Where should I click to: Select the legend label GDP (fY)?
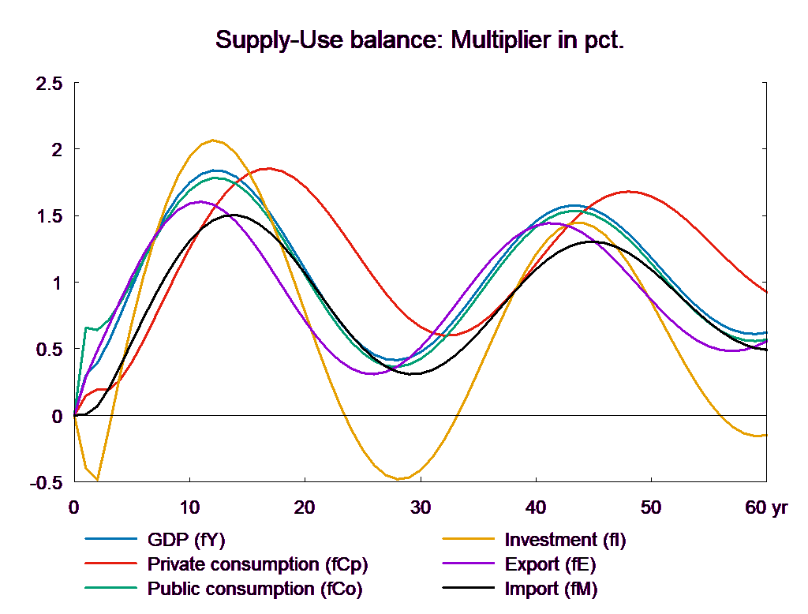186,541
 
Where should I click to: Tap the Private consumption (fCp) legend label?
257,565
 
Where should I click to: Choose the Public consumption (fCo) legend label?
255,590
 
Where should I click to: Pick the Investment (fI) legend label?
565,541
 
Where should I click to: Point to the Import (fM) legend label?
551,590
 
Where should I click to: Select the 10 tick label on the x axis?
189,507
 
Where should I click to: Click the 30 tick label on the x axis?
420,507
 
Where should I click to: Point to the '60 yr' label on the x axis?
766,507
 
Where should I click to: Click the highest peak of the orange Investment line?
212,140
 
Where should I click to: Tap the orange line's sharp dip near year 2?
97,479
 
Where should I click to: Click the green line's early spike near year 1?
85,328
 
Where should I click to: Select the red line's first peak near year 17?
269,168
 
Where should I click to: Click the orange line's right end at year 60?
765,436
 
